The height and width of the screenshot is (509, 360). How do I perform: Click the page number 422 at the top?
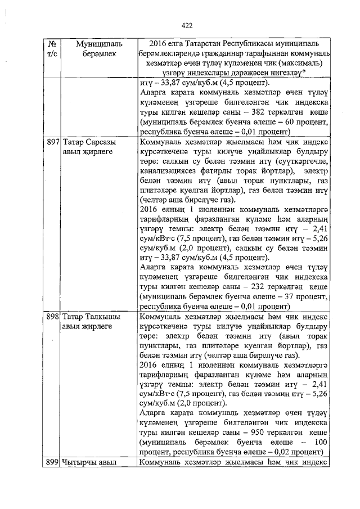(187, 25)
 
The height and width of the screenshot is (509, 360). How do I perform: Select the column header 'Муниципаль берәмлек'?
(88, 48)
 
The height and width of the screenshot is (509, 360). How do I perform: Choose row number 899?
(53, 462)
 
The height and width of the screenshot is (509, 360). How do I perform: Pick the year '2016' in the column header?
(159, 43)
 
